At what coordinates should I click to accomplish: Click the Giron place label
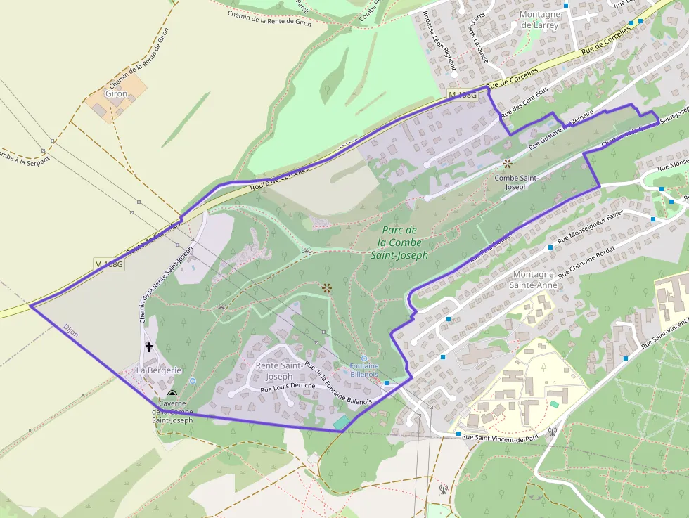pos(116,93)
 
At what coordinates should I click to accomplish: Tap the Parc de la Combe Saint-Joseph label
pos(399,242)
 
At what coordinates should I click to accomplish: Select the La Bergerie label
pos(159,370)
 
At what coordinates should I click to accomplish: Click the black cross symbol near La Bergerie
pos(149,346)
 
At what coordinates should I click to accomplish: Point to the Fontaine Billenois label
pos(364,370)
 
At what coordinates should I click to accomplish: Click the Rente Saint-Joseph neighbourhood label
pos(279,371)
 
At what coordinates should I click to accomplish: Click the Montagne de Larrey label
pos(539,19)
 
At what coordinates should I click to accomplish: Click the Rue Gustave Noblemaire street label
pos(561,129)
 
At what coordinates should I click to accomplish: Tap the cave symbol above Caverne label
pos(172,394)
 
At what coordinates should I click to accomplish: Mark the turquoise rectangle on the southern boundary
pos(341,422)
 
